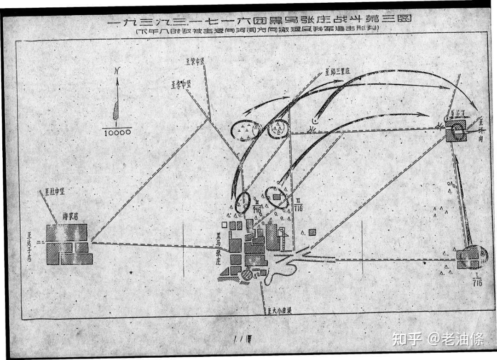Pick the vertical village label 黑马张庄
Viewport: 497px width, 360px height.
click(x=212, y=253)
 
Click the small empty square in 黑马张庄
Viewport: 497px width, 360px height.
click(x=224, y=225)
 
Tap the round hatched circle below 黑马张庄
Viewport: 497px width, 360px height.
click(x=248, y=275)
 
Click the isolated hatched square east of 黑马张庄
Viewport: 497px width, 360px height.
click(x=312, y=232)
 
